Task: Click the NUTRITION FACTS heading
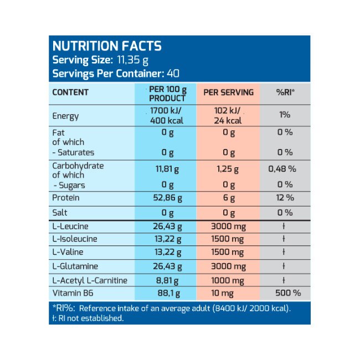pos(106,47)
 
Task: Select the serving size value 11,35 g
pos(131,60)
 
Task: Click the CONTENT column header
pos(70,92)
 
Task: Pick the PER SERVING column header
pos(228,92)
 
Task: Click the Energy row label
pos(65,116)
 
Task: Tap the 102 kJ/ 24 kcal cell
pos(228,115)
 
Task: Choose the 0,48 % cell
pos(284,168)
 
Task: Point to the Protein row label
pos(65,198)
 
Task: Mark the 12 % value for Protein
pos(284,198)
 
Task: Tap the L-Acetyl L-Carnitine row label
pos(90,280)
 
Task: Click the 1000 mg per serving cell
pos(228,280)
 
